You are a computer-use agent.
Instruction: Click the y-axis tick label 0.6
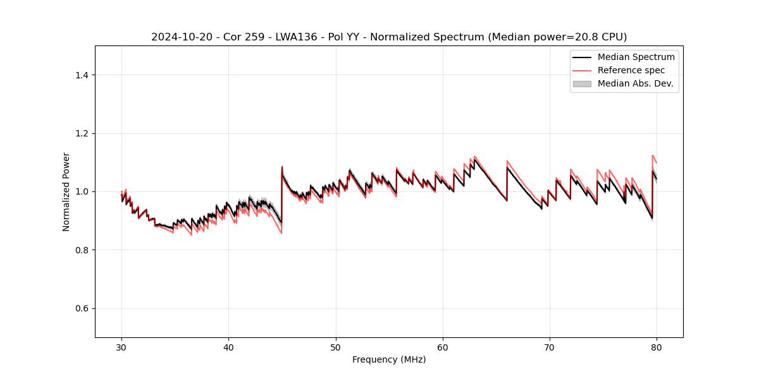(x=82, y=308)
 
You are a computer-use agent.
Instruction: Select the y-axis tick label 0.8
(x=82, y=250)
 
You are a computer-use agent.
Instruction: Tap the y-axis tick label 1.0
(x=82, y=191)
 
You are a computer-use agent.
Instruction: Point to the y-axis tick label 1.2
(x=82, y=133)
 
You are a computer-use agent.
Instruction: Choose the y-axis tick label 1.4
(x=82, y=75)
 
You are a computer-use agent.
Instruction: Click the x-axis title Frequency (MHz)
(x=389, y=359)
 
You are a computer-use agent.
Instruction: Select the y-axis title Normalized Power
(x=66, y=191)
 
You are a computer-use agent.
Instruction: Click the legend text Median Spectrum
(x=636, y=57)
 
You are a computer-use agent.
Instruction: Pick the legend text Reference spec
(x=631, y=70)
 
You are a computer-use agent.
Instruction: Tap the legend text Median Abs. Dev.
(x=635, y=83)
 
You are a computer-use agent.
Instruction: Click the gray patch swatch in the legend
(x=582, y=83)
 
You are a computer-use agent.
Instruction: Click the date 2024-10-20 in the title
(x=179, y=37)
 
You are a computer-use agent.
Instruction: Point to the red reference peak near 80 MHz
(x=653, y=155)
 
